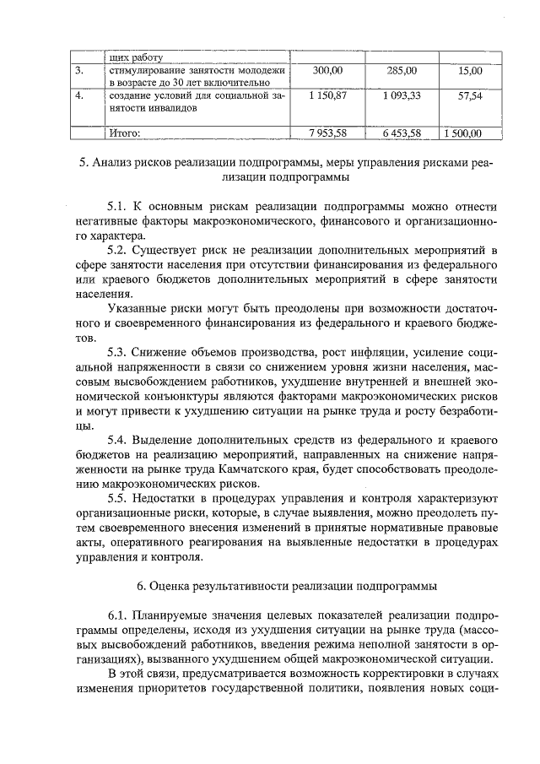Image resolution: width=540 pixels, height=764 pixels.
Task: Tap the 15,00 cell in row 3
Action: click(x=469, y=72)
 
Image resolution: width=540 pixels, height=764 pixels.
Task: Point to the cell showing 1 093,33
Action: click(x=400, y=97)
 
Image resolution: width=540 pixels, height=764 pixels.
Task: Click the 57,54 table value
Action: click(x=469, y=98)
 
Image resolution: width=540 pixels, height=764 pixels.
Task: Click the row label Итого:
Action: click(x=124, y=133)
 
